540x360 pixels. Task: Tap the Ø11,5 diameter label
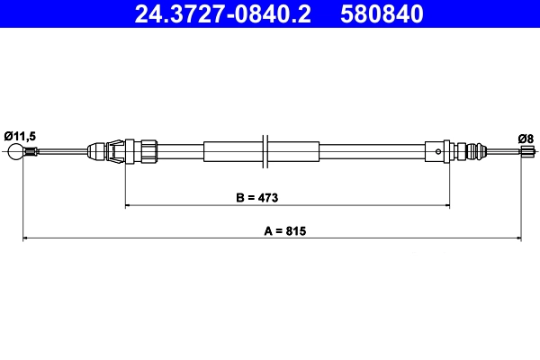pyautogui.click(x=20, y=135)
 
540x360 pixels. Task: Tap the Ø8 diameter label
pyautogui.click(x=526, y=137)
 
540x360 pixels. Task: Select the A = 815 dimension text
pyautogui.click(x=286, y=230)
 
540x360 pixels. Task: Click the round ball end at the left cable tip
pyautogui.click(x=14, y=153)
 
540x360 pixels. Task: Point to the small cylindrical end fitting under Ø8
pyautogui.click(x=525, y=153)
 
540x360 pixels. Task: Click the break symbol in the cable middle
pyautogui.click(x=265, y=150)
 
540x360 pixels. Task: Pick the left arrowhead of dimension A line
pyautogui.click(x=26, y=238)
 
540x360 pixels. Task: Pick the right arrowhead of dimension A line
pyautogui.click(x=517, y=238)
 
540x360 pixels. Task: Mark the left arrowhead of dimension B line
pyautogui.click(x=129, y=206)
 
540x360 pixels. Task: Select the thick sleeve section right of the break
pyautogui.click(x=295, y=150)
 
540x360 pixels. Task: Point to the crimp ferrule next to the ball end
pyautogui.click(x=31, y=153)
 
